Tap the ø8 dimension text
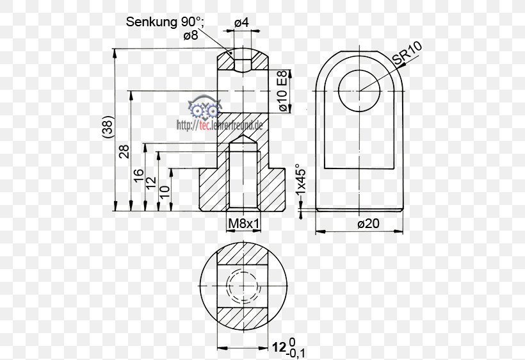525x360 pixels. pos(190,36)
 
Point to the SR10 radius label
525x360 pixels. pos(405,53)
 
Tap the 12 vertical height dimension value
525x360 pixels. pos(151,183)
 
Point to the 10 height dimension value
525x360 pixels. pos(165,190)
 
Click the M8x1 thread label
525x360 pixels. pos(243,224)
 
